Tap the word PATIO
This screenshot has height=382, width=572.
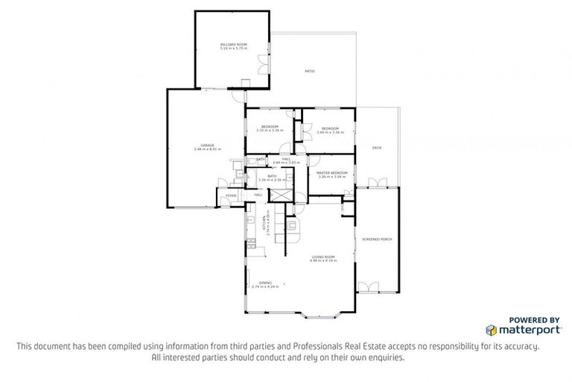tap(309, 71)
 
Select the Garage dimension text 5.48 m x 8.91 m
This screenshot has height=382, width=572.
tap(207, 149)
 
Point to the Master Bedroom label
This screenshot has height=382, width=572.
tap(332, 172)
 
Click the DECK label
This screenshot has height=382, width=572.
tap(377, 148)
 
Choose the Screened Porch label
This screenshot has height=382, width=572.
tap(377, 239)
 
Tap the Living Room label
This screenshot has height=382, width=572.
tap(323, 257)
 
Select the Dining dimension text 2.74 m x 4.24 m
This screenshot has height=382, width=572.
tap(265, 286)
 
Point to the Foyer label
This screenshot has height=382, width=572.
tap(231, 195)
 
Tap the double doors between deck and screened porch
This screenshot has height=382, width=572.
tap(378, 184)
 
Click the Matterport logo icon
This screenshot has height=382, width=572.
tap(492, 329)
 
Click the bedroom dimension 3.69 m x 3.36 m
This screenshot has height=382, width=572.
tap(330, 132)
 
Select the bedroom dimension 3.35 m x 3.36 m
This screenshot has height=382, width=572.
tap(270, 131)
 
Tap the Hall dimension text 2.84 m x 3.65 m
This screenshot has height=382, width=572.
tap(285, 163)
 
